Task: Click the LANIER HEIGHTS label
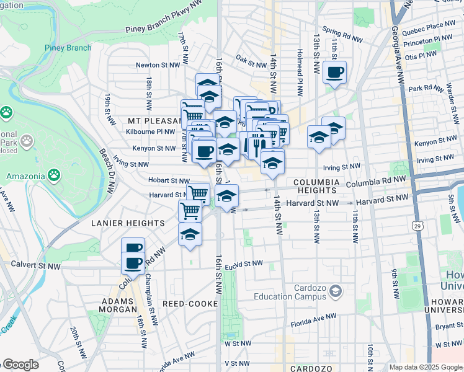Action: click(128, 223)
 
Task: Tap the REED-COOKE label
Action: click(190, 304)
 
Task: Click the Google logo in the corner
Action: click(20, 365)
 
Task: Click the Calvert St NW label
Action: click(37, 265)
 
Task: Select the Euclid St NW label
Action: click(244, 263)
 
